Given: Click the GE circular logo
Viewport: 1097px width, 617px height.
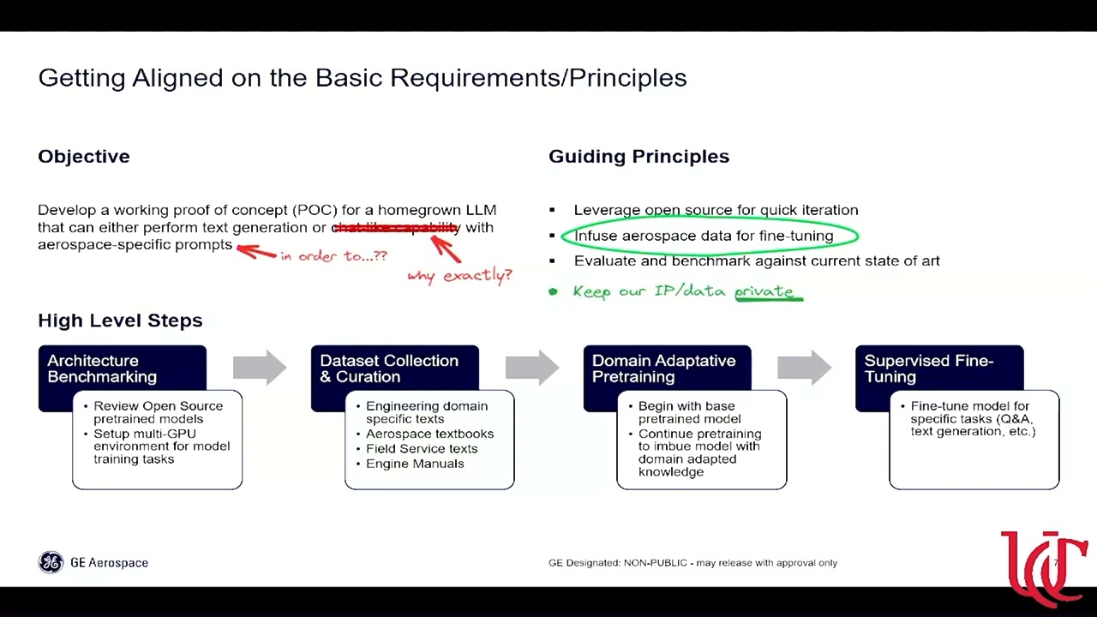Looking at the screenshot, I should [x=51, y=562].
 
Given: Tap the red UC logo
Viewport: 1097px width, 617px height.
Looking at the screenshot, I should [x=1043, y=566].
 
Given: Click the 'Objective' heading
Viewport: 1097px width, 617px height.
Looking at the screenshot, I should [x=84, y=156].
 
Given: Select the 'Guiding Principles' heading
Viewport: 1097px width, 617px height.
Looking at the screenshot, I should [x=638, y=156].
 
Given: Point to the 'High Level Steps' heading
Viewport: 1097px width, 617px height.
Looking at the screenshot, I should [x=120, y=320].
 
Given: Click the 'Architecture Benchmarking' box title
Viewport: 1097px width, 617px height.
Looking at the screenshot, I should [x=102, y=368].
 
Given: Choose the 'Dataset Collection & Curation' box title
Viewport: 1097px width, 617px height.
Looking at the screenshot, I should [x=389, y=368].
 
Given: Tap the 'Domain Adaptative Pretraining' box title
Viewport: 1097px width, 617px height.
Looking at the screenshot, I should [x=663, y=368].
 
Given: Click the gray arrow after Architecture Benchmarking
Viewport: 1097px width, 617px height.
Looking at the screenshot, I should [x=260, y=368].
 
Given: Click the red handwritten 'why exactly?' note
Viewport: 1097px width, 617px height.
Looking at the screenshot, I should [x=459, y=275].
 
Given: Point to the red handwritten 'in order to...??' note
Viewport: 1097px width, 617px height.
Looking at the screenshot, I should [x=333, y=255].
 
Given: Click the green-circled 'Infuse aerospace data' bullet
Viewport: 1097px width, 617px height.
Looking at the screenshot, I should [x=704, y=236].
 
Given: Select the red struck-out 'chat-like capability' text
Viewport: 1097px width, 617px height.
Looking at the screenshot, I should [x=396, y=227].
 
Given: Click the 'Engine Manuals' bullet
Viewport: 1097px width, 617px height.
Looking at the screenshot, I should [x=415, y=464].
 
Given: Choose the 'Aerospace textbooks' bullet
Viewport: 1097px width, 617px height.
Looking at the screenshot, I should [x=429, y=434].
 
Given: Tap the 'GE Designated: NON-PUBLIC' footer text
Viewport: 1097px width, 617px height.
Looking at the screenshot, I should [x=692, y=563].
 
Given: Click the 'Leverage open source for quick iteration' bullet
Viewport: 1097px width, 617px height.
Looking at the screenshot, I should [x=716, y=210].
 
